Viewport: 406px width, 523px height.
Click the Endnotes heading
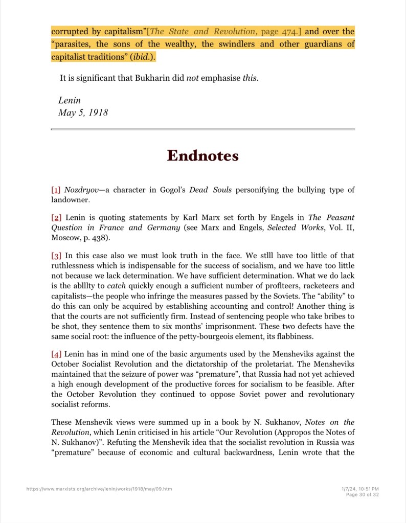coord(202,155)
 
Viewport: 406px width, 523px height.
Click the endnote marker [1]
coord(56,190)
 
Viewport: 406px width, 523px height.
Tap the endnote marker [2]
coord(56,218)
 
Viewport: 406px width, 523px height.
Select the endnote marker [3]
coord(56,255)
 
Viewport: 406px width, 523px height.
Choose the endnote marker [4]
coord(56,354)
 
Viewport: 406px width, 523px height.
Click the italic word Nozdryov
coord(81,190)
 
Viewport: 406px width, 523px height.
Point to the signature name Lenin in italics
coord(69,101)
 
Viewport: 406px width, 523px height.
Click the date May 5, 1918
coord(83,112)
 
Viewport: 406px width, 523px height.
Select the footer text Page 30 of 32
coord(362,494)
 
